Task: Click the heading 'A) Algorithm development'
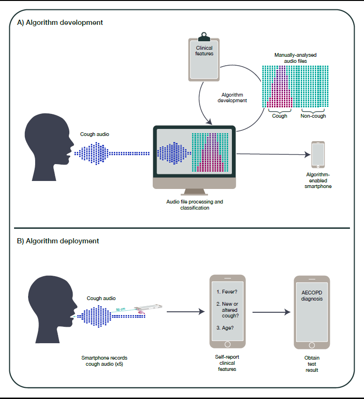[x=60, y=22]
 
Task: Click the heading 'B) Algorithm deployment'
[x=58, y=241]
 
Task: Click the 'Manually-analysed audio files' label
[x=295, y=58]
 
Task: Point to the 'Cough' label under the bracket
[x=280, y=116]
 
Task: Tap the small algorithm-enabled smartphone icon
[x=318, y=155]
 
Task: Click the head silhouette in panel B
[x=47, y=310]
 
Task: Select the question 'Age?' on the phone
[x=226, y=327]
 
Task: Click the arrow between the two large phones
[x=269, y=312]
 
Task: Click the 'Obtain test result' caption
[x=312, y=364]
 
